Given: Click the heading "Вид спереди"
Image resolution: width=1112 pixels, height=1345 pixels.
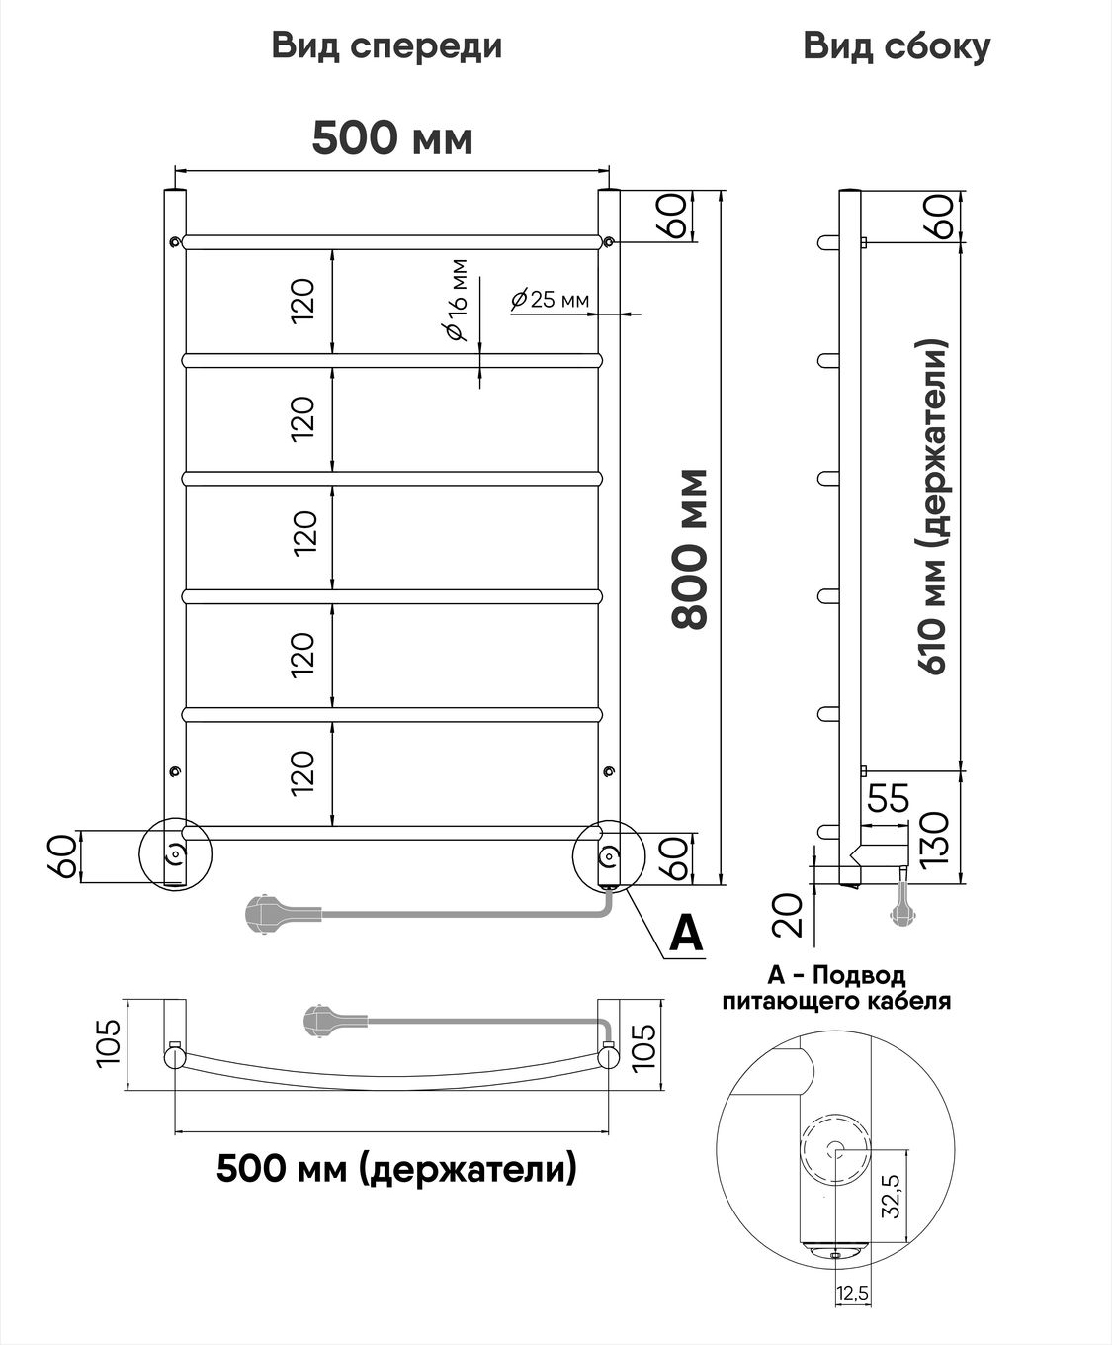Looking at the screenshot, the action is pos(386,47).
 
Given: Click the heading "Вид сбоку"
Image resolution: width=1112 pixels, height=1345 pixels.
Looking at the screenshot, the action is pos(897,47).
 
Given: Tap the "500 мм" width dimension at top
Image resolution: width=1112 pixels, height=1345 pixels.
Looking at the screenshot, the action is pos(392,138).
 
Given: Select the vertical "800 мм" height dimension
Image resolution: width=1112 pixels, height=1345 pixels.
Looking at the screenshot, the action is pos(690,549).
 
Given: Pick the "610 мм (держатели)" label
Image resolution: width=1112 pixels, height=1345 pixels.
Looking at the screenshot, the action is pos(932,507).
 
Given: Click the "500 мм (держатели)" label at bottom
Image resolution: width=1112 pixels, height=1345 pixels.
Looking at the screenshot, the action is pos(396,1167).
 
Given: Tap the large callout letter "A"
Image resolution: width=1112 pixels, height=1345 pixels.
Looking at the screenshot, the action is pos(686,934).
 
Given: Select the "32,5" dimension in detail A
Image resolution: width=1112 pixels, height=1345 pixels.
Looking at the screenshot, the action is pos(891,1196).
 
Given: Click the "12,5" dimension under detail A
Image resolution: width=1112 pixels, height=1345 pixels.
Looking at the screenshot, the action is pos(853,1293).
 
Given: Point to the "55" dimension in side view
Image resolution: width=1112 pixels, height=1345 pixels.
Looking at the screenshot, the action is pos(889,798).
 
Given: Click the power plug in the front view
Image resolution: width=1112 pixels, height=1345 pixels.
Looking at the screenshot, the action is pos(283,913).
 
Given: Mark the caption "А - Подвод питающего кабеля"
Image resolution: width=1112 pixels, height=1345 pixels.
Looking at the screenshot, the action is pos(836,988).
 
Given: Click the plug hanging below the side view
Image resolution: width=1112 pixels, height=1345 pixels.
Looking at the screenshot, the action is pos(900,903).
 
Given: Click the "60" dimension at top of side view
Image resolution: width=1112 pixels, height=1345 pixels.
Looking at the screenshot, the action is pos(942,217).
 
